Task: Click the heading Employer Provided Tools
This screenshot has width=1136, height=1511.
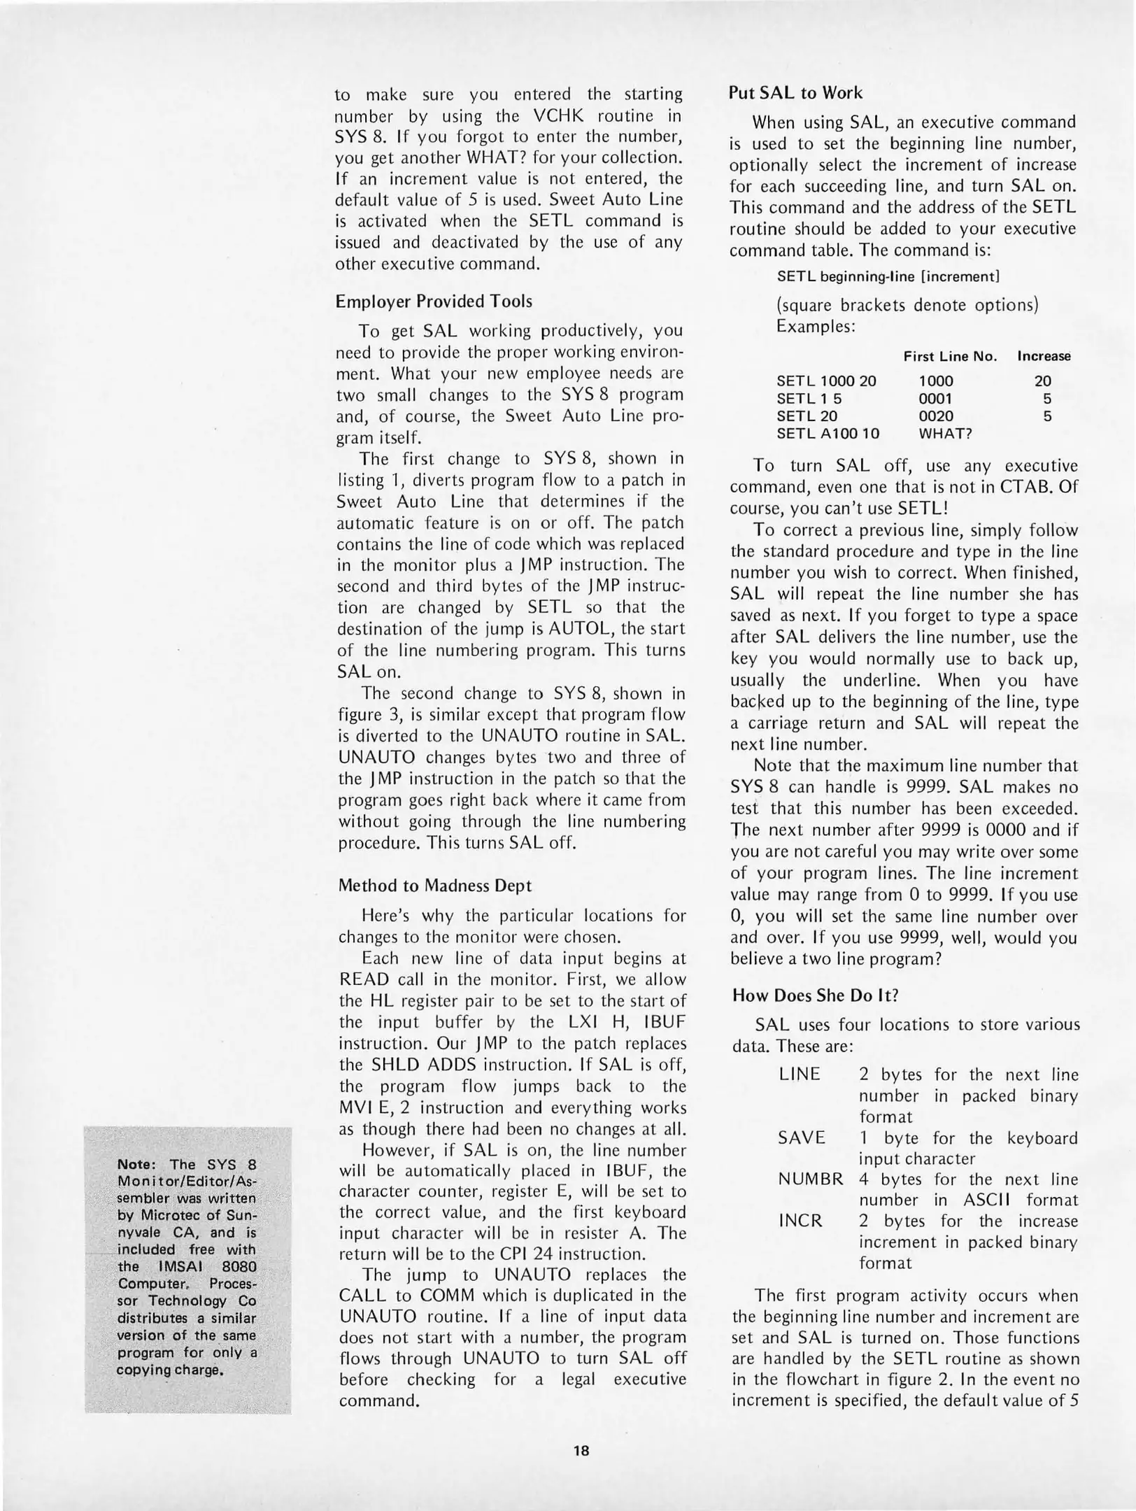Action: (434, 302)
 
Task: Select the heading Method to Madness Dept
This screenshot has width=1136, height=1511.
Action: (434, 886)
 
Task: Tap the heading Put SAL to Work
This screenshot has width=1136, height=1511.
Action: (795, 93)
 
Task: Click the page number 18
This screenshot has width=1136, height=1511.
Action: (581, 1451)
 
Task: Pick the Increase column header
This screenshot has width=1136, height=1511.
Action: (1044, 356)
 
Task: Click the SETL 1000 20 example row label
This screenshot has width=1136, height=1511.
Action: (826, 381)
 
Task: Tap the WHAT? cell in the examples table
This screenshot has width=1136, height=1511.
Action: (945, 434)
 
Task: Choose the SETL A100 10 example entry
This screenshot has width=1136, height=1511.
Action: (828, 434)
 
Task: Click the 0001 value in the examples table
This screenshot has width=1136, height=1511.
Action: (935, 399)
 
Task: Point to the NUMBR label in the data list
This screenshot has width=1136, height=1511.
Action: (811, 1179)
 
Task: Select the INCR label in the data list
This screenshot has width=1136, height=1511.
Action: (800, 1221)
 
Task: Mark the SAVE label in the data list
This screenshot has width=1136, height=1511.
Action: (802, 1138)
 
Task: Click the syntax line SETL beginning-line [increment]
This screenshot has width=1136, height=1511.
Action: (888, 276)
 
